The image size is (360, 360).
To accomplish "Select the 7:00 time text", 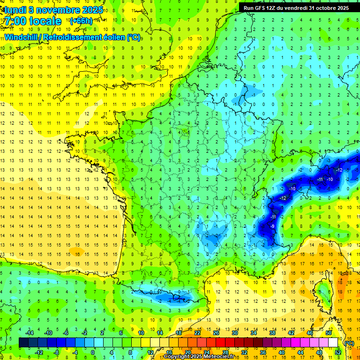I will pos(17,21).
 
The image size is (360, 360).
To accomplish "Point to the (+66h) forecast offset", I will pos(80,21).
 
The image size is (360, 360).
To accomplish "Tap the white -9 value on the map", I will pos(272,226).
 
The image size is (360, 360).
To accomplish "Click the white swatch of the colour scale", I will pos(333,343).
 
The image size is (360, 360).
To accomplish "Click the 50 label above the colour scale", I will pos(329,333).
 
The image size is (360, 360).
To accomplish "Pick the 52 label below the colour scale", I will pos(337,352).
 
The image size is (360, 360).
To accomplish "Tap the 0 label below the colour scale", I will pos(93,352).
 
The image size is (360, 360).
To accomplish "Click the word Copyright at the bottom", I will pos(176,357).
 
